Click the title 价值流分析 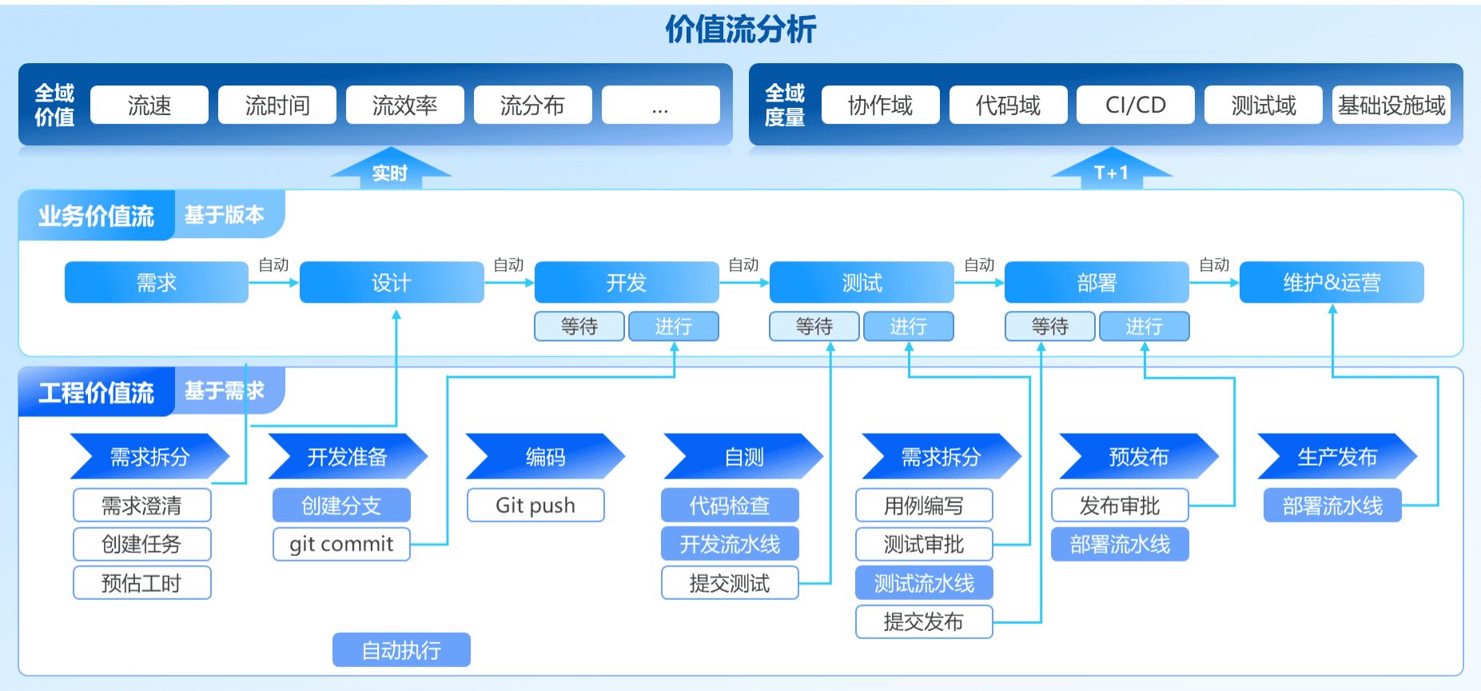coord(740,30)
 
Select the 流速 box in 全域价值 coord(149,105)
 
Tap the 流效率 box coord(405,105)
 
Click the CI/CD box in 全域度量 coord(1135,105)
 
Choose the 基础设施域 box coord(1391,105)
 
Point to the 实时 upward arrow coord(390,170)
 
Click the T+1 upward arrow coord(1111,170)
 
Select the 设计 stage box coord(392,283)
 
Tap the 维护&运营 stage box coord(1332,283)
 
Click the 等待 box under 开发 coord(579,326)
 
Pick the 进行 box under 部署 coord(1144,326)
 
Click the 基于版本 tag coord(225,214)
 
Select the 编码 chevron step coord(545,457)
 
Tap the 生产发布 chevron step coord(1336,457)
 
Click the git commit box coord(341,544)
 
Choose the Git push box coord(535,506)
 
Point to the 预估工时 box coord(141,583)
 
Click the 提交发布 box coord(923,622)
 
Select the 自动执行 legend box coord(401,650)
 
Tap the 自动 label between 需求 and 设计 coord(273,265)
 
